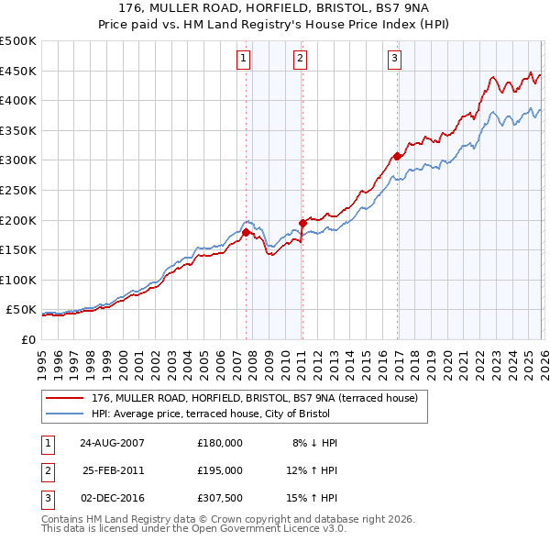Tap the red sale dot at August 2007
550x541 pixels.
click(246, 232)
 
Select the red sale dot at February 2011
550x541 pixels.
click(302, 223)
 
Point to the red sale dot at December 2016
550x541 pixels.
click(397, 156)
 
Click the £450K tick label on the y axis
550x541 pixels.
click(18, 71)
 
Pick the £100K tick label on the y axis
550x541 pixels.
click(18, 280)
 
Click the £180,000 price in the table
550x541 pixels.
click(219, 443)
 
